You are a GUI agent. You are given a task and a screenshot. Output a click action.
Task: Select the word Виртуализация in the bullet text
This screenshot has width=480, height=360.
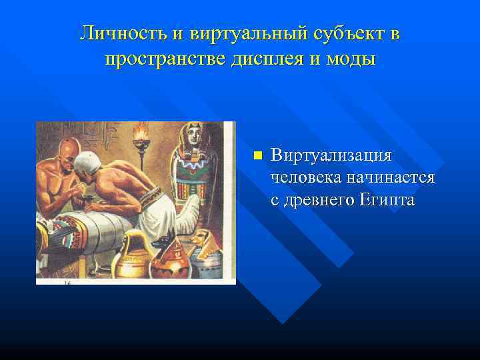[331, 155]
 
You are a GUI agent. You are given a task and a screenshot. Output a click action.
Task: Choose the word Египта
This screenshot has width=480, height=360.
[389, 199]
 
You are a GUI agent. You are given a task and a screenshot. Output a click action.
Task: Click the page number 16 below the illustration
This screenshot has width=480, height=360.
[67, 283]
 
